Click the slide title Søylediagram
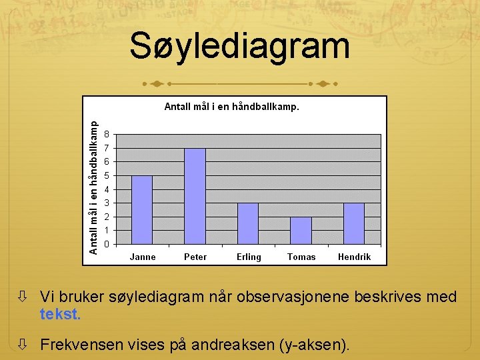point(239,47)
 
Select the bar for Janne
point(142,210)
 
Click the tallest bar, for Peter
point(195,196)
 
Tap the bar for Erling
point(248,223)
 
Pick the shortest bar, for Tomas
point(301,231)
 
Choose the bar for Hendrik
point(354,223)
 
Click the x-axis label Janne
point(143,257)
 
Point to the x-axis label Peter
point(195,257)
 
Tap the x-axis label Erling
point(249,257)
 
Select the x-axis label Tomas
point(301,257)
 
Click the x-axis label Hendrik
point(354,257)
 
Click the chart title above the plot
point(231,106)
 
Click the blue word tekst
point(60,314)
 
